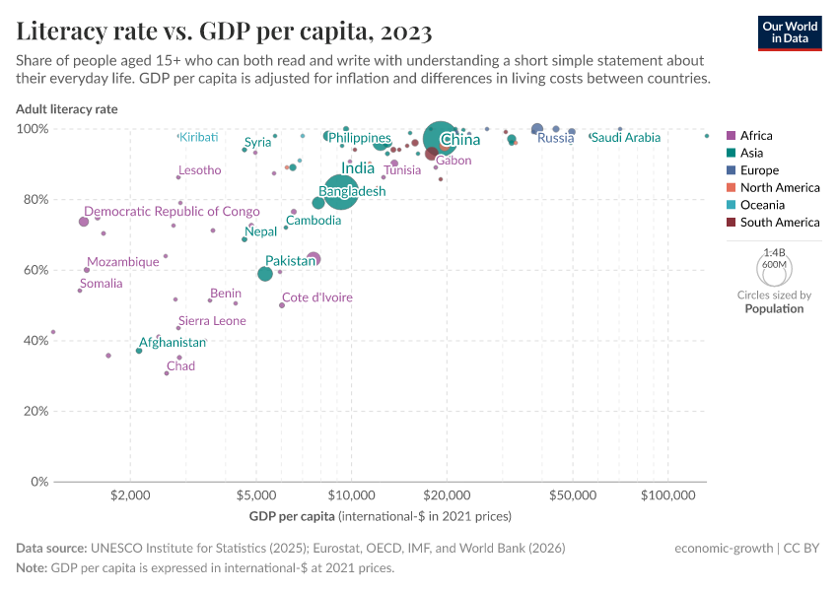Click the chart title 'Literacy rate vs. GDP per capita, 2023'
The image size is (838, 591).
[224, 32]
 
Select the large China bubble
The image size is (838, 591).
[444, 139]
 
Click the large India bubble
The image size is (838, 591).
[340, 190]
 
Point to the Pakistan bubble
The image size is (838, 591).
[265, 274]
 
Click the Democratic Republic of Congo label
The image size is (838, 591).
[172, 212]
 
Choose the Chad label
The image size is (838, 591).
[180, 366]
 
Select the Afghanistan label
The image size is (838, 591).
[173, 343]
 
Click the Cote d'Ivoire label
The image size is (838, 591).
[316, 297]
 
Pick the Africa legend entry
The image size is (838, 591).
[756, 136]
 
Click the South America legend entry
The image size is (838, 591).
[779, 223]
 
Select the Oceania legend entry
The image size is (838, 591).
[762, 205]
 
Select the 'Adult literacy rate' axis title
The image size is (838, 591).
[67, 109]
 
